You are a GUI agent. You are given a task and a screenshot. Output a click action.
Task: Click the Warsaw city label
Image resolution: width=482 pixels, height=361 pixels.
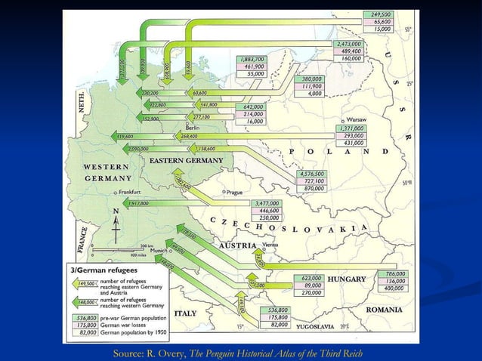[x=357, y=120]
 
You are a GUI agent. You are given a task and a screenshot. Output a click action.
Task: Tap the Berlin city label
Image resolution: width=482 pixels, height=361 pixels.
[x=192, y=127]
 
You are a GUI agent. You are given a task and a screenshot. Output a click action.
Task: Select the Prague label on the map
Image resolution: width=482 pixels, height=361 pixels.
[x=233, y=192]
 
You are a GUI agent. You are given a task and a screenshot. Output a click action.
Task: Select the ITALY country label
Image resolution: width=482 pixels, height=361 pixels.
[x=185, y=312]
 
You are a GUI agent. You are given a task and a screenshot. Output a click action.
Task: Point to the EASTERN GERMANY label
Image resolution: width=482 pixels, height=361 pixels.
[x=186, y=161]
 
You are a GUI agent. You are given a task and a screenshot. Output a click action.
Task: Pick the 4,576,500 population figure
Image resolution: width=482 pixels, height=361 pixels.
[x=311, y=174]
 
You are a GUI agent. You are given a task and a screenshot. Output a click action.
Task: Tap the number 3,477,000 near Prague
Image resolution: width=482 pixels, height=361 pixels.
[x=270, y=203]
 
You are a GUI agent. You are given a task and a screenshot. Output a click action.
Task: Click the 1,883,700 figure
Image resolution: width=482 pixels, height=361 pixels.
[x=252, y=59]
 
